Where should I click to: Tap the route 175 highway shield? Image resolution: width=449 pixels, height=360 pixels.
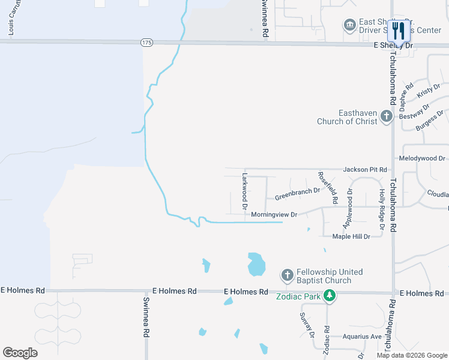tap(147, 43)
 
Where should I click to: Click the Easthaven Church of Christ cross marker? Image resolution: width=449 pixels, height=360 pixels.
tap(387, 117)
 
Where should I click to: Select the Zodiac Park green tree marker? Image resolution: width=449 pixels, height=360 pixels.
tap(329, 295)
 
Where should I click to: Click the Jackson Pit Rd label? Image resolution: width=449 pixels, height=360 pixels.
tap(365, 170)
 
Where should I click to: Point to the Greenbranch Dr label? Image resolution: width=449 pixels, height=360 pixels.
tap(297, 194)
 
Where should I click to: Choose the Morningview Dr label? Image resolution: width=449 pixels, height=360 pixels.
tap(274, 214)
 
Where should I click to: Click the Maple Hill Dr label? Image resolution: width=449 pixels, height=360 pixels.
tap(351, 236)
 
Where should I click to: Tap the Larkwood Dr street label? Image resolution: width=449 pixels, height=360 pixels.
tap(244, 191)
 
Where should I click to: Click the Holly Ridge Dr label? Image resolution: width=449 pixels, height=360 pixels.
tap(381, 209)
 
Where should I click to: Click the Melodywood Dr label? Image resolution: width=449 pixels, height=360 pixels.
tap(423, 158)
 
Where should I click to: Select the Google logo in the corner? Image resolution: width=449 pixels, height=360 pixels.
tap(20, 352)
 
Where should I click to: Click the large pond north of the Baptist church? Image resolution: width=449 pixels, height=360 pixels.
tap(256, 263)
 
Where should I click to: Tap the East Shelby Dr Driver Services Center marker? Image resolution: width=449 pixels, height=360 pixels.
tap(349, 25)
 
